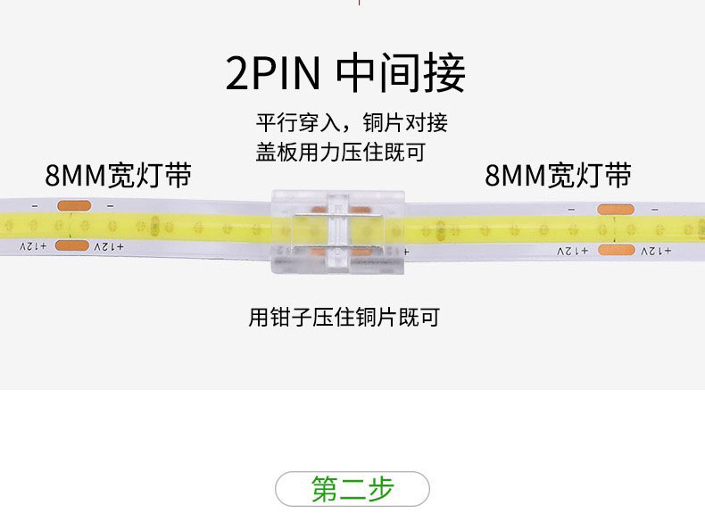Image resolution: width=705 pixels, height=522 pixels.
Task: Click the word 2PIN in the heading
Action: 272,74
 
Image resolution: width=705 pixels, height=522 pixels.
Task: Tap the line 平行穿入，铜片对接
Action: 352,122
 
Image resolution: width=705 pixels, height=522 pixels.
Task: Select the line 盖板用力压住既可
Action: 340,152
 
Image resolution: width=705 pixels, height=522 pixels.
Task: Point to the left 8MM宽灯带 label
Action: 118,175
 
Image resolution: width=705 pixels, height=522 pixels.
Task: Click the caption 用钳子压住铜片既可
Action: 344,317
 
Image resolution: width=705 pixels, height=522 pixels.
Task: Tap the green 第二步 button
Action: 352,489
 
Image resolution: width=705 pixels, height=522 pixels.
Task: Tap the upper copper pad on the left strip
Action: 73,206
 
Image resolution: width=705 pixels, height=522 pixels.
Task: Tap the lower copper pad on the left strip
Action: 73,244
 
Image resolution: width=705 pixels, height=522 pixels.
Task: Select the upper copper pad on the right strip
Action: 616,211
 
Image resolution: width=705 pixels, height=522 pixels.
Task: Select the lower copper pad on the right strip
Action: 617,250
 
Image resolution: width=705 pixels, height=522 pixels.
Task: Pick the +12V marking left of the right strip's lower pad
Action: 573,252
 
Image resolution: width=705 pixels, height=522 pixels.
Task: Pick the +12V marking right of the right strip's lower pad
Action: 656,252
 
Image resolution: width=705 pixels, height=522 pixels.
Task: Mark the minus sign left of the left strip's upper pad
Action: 34,206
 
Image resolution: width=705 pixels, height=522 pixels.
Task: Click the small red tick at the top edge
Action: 359,3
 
